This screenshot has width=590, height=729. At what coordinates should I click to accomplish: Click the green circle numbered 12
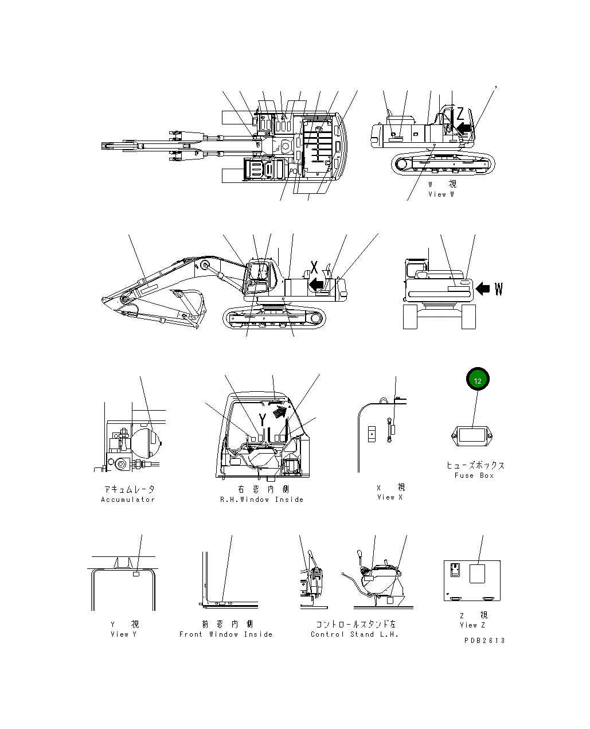coord(478,379)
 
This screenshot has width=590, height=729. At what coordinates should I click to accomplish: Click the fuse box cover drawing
coord(473,436)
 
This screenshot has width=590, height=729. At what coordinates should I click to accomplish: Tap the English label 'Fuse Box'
coord(474,475)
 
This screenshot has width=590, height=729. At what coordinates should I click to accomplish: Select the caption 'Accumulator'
coord(128,500)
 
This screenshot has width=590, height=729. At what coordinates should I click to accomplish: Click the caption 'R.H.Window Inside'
coord(262,500)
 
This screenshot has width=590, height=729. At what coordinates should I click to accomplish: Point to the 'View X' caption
coord(390,497)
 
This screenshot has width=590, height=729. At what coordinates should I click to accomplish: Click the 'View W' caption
coord(441,194)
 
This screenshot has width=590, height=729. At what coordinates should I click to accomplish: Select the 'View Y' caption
coord(123,634)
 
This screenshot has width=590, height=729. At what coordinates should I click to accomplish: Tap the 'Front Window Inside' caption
coord(226,634)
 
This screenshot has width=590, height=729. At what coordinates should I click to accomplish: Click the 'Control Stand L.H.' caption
coord(354,634)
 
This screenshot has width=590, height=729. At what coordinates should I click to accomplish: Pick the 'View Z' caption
coord(472,625)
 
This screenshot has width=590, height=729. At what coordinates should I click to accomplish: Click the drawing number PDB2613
coord(484,641)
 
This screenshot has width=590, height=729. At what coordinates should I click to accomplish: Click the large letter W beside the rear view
coord(498,289)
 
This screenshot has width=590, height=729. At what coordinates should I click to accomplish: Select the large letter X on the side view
coord(314,267)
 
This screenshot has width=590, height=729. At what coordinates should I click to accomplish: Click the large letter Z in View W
coord(460,114)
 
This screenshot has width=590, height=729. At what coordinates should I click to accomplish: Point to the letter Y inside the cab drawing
coord(262,419)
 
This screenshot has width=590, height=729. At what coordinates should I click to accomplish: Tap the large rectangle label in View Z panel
coord(477,574)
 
